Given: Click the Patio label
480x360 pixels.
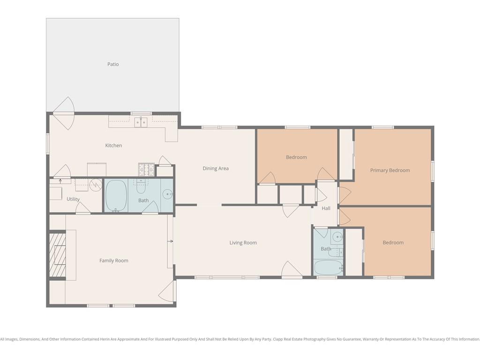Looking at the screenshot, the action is pos(113,64).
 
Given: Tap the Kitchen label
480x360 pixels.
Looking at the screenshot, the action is pos(113,145).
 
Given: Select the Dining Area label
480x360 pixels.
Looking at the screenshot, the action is pos(216,168).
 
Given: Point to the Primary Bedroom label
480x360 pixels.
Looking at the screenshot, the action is pos(390,170).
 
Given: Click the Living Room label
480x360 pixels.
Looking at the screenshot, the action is pos(243,243).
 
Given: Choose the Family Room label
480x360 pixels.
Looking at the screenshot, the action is pos(113,261).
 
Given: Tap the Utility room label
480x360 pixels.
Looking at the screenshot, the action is pos(73,199).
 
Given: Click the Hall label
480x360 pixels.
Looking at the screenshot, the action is pos(326,208).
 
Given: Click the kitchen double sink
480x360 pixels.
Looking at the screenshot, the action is pos(141,122).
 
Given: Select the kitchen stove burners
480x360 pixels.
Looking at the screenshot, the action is pos(146,170).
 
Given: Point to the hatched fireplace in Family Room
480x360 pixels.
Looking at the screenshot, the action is pos(58,255).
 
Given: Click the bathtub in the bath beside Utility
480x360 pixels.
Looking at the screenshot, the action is pos(116,195).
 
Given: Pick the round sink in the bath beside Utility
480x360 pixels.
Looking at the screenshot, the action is pos(167,194).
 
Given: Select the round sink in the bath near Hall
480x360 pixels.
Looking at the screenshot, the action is pos(337,237).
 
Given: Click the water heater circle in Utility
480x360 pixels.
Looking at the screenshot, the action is pos(96,185).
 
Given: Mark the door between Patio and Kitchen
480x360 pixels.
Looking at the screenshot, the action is pos(64,113).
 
